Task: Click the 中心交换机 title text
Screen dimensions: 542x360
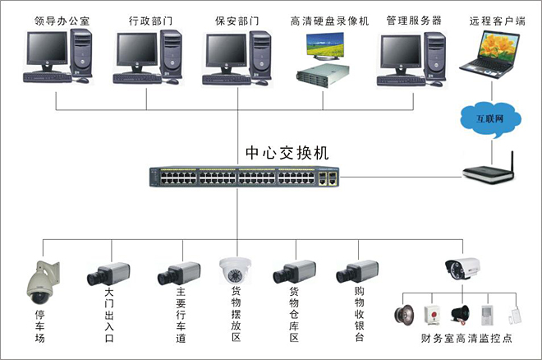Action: click(x=287, y=153)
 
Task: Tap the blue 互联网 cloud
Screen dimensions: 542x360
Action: click(x=490, y=119)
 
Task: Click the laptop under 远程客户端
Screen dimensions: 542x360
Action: click(x=489, y=54)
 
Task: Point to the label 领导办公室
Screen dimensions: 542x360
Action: click(x=62, y=21)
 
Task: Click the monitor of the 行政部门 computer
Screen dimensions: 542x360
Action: click(x=136, y=52)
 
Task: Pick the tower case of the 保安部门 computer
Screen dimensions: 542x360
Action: click(x=260, y=55)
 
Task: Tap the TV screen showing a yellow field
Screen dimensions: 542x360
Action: click(x=325, y=44)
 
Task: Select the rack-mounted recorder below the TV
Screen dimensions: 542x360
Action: click(x=323, y=75)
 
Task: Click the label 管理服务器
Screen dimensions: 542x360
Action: click(x=414, y=21)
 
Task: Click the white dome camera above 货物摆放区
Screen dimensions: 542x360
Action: click(x=235, y=270)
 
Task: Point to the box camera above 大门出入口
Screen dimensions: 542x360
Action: click(x=108, y=274)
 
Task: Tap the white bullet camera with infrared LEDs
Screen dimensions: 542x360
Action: click(x=462, y=269)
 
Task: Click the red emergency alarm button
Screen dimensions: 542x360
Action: click(x=432, y=314)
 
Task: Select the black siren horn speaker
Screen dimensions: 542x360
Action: click(x=461, y=315)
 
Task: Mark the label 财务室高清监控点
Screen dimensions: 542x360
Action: click(x=466, y=338)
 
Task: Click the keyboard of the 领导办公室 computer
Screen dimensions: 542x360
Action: click(x=48, y=77)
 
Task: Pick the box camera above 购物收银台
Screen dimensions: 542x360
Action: click(x=357, y=271)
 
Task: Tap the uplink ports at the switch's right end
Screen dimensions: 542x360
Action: click(x=328, y=178)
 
